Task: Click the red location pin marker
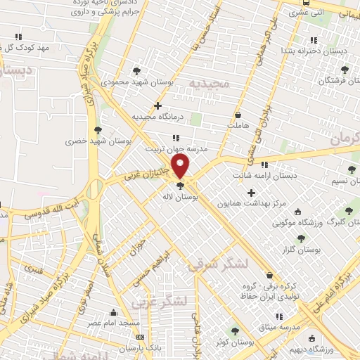pyautogui.click(x=181, y=166)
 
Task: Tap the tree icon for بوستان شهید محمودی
pyautogui.click(x=136, y=70)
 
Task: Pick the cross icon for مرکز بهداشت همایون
pyautogui.click(x=251, y=192)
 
